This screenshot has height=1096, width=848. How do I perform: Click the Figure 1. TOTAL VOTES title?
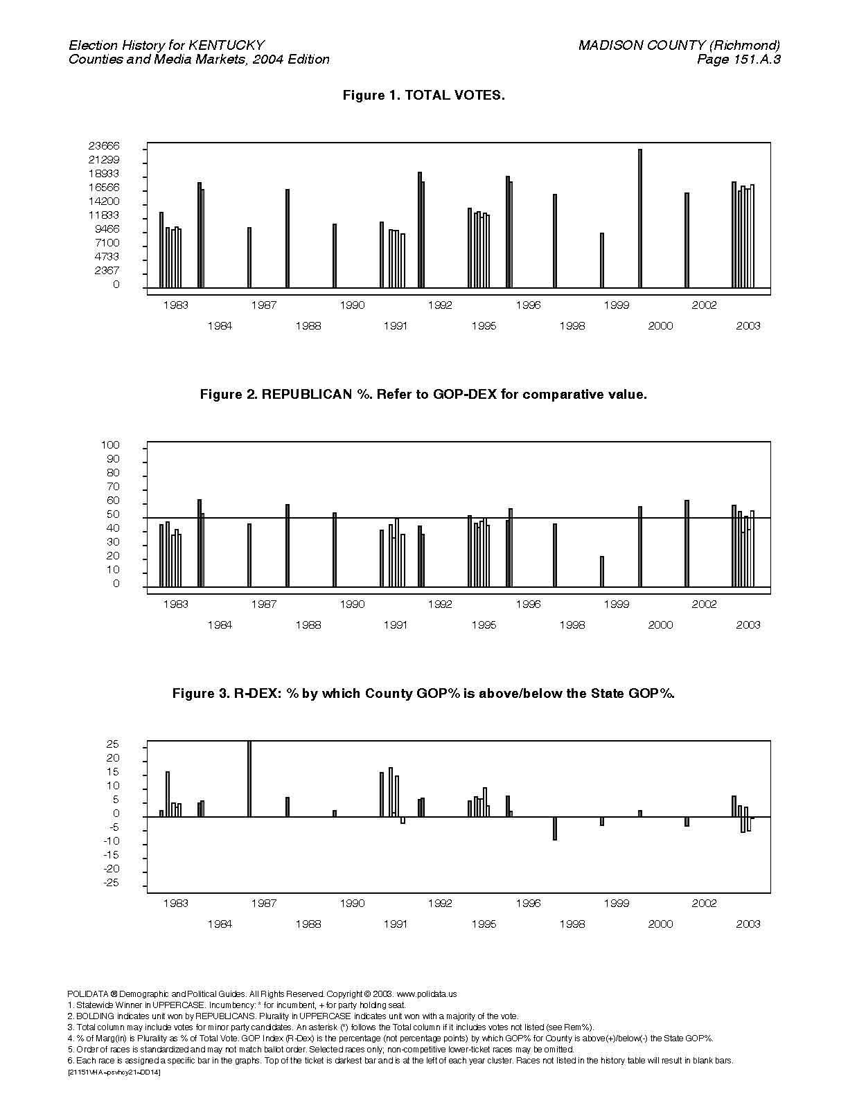424,95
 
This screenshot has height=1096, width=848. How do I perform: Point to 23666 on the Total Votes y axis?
104,146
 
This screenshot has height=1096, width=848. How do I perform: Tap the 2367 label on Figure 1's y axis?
107,270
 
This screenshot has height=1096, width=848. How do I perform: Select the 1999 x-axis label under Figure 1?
616,305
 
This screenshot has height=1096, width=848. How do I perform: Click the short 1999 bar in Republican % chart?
602,571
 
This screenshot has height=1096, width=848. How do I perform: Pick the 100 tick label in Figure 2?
110,445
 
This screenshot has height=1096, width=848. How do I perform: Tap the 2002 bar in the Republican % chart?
687,543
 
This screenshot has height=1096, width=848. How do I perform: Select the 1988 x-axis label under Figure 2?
308,625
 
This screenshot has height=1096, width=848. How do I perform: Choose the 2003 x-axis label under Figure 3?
748,924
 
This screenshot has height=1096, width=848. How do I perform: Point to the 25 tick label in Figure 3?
113,744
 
